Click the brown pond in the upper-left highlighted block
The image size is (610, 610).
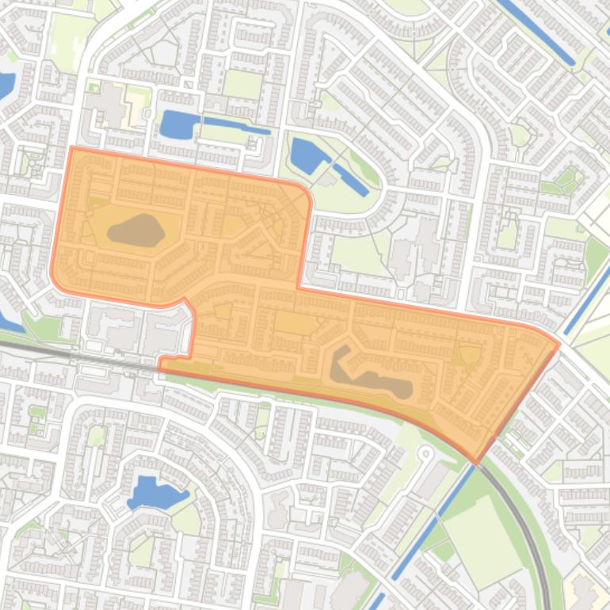coord(135,231)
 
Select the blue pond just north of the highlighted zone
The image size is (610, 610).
coord(181,124)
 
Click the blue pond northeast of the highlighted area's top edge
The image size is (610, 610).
coord(305,156)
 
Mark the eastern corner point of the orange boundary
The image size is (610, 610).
coord(559,344)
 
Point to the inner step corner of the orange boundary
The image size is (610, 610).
coord(299,288)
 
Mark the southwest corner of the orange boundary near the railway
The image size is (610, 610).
coord(160,365)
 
